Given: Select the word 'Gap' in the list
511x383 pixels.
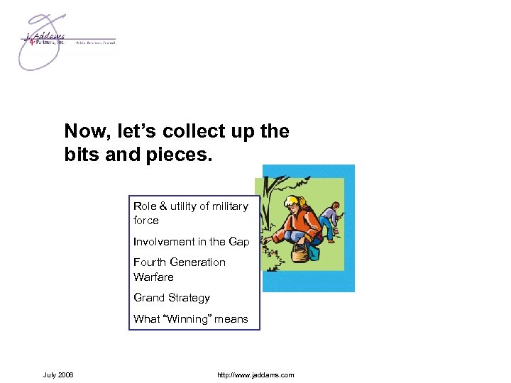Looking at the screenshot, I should pos(239,242).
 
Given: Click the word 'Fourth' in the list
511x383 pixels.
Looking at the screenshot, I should pos(149,262).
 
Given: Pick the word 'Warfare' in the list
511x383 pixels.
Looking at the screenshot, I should pos(153,277).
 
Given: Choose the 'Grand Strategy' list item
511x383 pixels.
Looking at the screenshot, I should pos(172,298).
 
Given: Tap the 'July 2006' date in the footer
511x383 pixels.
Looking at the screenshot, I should pos(57,374).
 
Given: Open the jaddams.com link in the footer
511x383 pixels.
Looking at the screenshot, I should pos(256,374).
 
